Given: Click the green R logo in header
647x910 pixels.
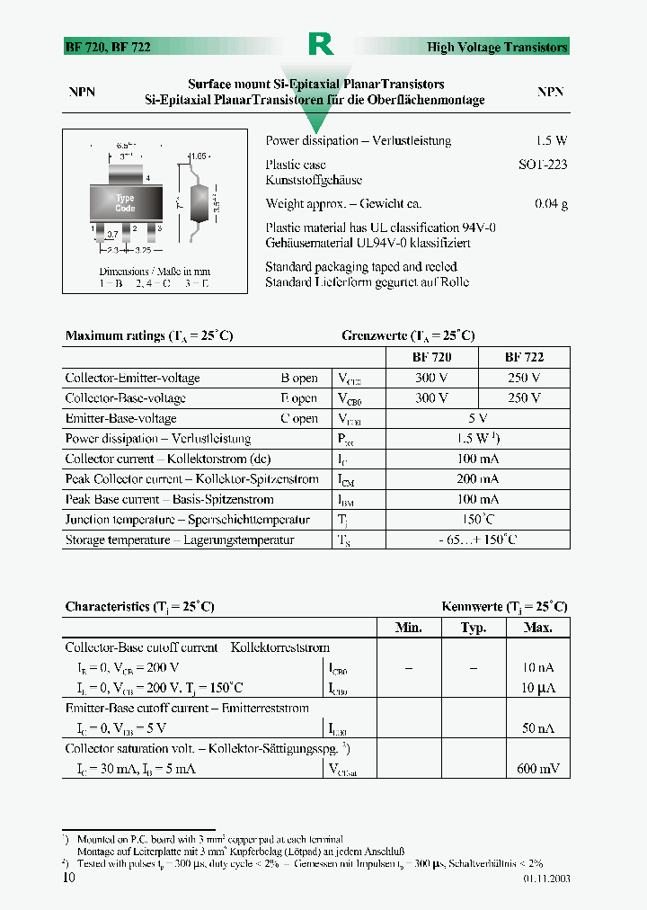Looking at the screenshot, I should (321, 45).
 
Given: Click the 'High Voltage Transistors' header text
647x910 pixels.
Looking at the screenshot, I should (497, 47).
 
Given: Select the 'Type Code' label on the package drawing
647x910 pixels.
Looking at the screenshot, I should (125, 203).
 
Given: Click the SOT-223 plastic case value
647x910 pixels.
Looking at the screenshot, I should (543, 165).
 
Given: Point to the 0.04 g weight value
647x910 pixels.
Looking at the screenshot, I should (551, 204).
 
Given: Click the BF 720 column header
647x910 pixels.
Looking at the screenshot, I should (431, 357).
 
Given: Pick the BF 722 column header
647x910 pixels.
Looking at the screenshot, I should (524, 357).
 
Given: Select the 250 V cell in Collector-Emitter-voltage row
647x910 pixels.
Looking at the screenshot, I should (524, 378).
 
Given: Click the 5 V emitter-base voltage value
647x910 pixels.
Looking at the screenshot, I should (478, 418).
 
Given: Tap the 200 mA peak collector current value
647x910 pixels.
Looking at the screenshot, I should (478, 479).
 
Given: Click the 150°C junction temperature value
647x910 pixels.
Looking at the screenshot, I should (478, 520).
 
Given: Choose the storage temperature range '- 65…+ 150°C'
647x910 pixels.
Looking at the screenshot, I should (478, 540).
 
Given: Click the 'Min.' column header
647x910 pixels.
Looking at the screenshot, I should (409, 628).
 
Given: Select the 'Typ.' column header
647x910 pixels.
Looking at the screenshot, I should (474, 628).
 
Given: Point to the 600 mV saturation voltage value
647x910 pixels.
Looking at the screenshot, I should (537, 769).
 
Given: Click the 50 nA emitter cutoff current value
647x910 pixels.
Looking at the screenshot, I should (539, 728).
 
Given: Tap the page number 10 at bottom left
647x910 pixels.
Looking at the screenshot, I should (69, 878).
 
